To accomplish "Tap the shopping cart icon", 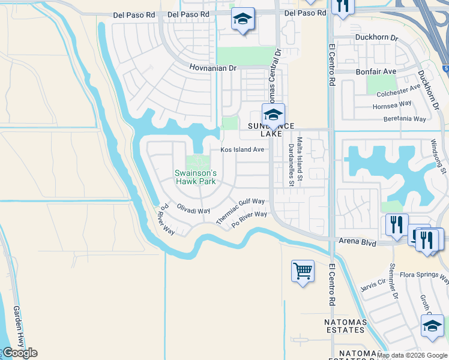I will click(303, 271).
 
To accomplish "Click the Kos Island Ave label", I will click(243, 149).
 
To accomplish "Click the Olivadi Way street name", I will click(193, 209).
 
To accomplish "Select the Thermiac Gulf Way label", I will click(241, 211).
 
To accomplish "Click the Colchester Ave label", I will click(399, 91).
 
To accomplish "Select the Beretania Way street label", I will click(405, 119).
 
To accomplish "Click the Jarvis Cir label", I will click(373, 283).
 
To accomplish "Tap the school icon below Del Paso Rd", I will click(243, 20).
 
